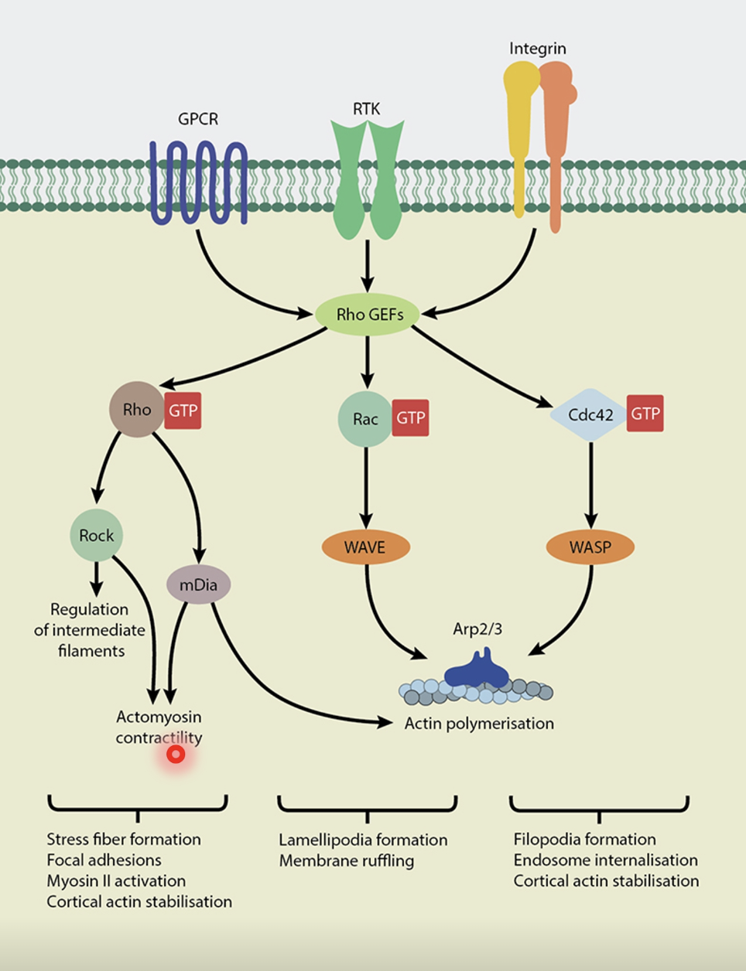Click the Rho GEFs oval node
(x=368, y=315)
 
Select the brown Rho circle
(x=137, y=410)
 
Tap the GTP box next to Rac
(x=410, y=418)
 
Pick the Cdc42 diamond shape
(x=590, y=415)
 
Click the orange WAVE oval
(x=365, y=547)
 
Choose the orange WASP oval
(x=590, y=547)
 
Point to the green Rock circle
(x=97, y=535)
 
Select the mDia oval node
(x=198, y=585)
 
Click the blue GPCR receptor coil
(x=198, y=182)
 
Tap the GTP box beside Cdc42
(x=645, y=414)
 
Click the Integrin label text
(x=537, y=49)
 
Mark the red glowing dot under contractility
(x=176, y=754)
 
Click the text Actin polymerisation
(x=479, y=724)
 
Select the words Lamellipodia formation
(x=363, y=840)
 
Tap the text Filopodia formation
(x=584, y=840)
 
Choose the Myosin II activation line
(x=116, y=881)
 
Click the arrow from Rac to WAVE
(x=366, y=487)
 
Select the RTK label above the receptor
(x=367, y=109)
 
